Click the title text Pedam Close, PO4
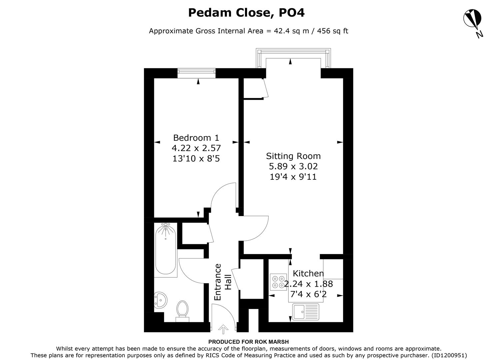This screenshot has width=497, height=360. (x=246, y=13)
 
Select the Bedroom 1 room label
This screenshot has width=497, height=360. (x=196, y=138)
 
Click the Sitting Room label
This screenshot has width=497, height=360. (x=293, y=156)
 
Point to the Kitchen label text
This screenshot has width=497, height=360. (x=308, y=274)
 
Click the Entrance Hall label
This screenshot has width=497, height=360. (x=223, y=282)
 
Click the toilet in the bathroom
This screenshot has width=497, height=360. (x=182, y=310)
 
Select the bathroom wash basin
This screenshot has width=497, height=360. (x=161, y=300)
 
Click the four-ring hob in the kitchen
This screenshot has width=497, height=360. (x=278, y=281)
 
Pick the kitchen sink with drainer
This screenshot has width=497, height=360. (x=306, y=312)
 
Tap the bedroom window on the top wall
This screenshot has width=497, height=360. (x=197, y=73)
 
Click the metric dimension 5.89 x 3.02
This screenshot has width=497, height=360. (x=293, y=166)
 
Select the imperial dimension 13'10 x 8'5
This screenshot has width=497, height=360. (x=196, y=158)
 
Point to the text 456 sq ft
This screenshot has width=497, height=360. (x=333, y=31)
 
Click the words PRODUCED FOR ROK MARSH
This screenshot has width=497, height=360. (x=248, y=342)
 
